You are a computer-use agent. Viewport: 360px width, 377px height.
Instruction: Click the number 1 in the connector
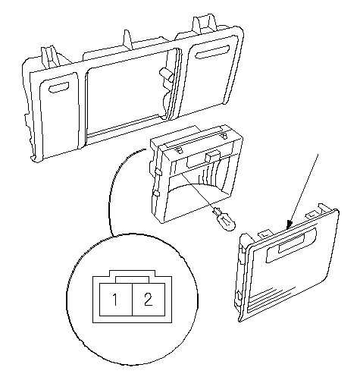coord(115,300)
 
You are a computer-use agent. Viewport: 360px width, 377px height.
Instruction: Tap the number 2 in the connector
coord(149,299)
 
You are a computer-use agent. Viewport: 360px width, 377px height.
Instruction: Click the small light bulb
coord(225,220)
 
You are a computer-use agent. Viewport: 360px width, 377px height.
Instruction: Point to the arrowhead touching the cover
coord(289,225)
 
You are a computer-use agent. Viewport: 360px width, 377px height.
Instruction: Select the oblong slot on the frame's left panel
coord(59,87)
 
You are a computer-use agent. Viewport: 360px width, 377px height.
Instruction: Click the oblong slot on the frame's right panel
coord(212,52)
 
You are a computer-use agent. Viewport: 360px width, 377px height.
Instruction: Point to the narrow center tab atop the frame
coord(128,39)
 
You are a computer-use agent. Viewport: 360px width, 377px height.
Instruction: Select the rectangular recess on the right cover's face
coord(290,244)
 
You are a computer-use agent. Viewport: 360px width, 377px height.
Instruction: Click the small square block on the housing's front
coord(211,157)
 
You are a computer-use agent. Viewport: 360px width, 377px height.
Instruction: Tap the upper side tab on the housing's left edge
coord(158,172)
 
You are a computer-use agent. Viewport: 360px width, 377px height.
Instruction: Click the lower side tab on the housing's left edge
coord(155,193)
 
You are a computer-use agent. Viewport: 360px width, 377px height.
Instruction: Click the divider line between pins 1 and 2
coord(133,300)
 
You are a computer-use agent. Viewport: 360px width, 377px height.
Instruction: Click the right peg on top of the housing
coord(224,136)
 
